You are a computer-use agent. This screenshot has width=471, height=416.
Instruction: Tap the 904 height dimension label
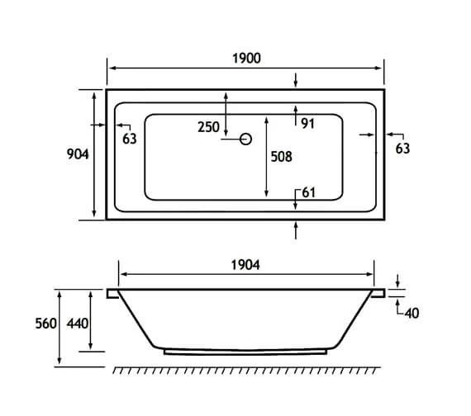(x=79, y=154)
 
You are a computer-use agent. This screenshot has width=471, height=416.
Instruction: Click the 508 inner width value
(x=282, y=155)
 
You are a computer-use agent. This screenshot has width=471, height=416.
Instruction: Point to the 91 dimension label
(x=307, y=124)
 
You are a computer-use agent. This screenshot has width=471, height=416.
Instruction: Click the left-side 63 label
(x=129, y=139)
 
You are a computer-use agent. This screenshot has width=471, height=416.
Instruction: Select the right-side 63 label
(x=402, y=149)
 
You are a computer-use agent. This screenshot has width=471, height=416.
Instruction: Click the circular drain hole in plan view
(x=245, y=139)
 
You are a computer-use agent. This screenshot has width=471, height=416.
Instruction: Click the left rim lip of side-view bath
(x=113, y=292)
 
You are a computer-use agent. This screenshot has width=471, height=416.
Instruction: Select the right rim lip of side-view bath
(x=379, y=292)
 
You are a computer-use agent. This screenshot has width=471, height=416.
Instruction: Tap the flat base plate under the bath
(x=246, y=350)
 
